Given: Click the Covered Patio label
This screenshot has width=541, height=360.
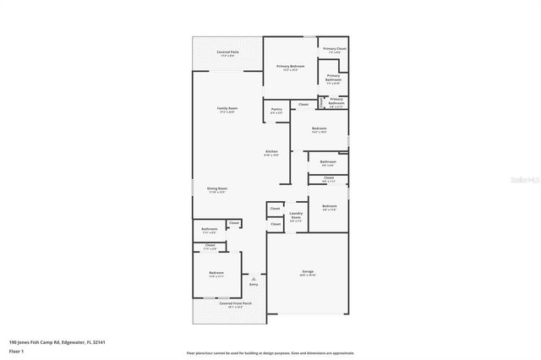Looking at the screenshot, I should (226, 53).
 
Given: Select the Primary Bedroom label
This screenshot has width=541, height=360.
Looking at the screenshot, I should (290, 67).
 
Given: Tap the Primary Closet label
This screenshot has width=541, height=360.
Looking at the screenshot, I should (335, 50).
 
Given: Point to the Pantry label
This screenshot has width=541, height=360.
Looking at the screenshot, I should (276, 110).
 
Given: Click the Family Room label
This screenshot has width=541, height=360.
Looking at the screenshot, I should (227, 110).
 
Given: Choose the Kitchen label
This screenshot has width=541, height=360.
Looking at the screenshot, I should (271, 153).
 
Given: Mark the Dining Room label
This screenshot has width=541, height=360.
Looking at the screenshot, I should (217, 189).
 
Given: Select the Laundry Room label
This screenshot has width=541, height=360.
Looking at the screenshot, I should (296, 215).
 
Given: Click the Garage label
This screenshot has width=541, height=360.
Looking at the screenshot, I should (307, 273).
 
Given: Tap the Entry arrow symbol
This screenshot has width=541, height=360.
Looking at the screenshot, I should (252, 278).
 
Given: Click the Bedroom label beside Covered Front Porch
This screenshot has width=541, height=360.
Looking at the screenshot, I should (216, 274).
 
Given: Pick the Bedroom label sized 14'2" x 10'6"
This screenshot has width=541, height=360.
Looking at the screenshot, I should (319, 129).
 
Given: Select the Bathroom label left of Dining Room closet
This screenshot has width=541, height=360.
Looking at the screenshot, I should (210, 231).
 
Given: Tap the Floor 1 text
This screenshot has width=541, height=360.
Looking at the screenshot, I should (17, 352).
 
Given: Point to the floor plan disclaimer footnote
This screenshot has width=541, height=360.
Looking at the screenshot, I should (270, 352).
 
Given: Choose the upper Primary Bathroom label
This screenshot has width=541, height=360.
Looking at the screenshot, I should (333, 80).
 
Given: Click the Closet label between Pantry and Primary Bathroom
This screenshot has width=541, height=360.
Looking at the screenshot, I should (303, 104).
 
